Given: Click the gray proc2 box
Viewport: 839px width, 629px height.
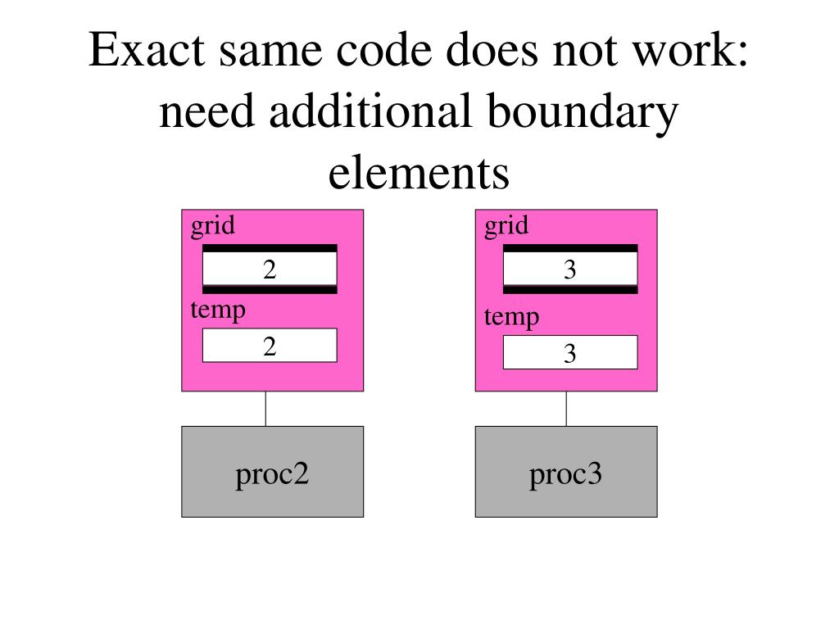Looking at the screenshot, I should (272, 473).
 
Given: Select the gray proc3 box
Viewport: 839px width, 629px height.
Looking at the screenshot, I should (565, 473).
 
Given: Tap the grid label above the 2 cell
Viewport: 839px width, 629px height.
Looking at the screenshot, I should (212, 226).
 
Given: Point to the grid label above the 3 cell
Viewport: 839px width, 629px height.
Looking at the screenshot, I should (506, 226).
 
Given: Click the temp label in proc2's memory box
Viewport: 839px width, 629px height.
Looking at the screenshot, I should (218, 310).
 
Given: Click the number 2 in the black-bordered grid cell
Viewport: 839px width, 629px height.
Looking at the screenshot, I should (270, 269).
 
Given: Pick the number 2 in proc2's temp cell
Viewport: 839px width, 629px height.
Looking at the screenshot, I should (270, 346).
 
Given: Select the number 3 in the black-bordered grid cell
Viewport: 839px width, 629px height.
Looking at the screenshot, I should (570, 269).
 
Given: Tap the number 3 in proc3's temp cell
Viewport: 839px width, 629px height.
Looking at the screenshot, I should (570, 354).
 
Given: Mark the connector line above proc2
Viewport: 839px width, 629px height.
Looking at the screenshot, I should (265, 409).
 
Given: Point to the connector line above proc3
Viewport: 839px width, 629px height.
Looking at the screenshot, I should (566, 409).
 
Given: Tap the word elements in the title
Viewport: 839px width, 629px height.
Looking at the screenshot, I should (419, 173).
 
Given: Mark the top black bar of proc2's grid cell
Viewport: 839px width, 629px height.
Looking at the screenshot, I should (270, 248).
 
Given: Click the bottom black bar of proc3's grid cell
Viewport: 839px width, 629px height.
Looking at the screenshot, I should (570, 289).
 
